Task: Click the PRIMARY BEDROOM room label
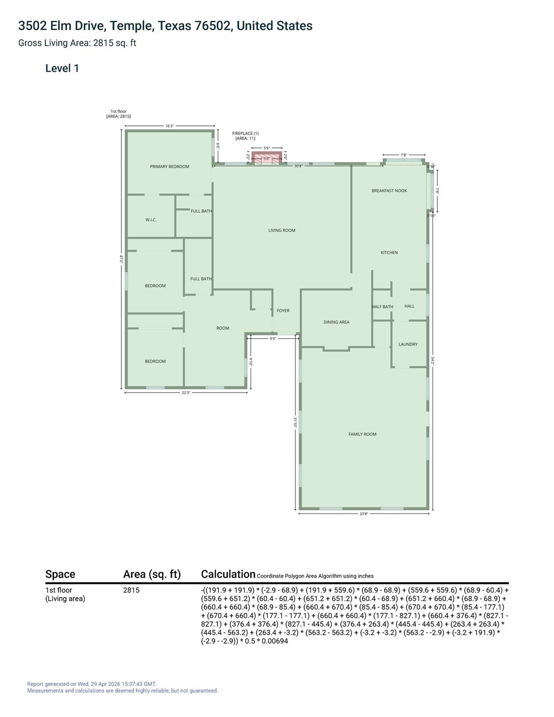pos(169,167)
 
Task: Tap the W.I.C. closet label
pos(151,220)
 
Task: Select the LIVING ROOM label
pos(282,231)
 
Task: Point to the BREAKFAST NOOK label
pos(389,191)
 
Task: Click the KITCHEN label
pos(389,253)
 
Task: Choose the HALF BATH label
pos(382,307)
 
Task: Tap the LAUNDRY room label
pos(408,344)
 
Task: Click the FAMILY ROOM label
pos(362,435)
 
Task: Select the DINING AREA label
pos(337,322)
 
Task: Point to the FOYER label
pos(283,311)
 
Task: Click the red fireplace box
pos(267,157)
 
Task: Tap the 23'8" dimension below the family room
pos(364,514)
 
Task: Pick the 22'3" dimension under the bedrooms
pos(186,393)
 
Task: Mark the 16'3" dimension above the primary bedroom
pos(169,126)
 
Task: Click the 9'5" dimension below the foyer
pos(273,339)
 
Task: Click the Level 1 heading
pos(62,69)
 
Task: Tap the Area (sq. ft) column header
pos(152,575)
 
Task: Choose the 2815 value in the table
pos(131,590)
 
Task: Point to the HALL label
pos(409,306)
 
